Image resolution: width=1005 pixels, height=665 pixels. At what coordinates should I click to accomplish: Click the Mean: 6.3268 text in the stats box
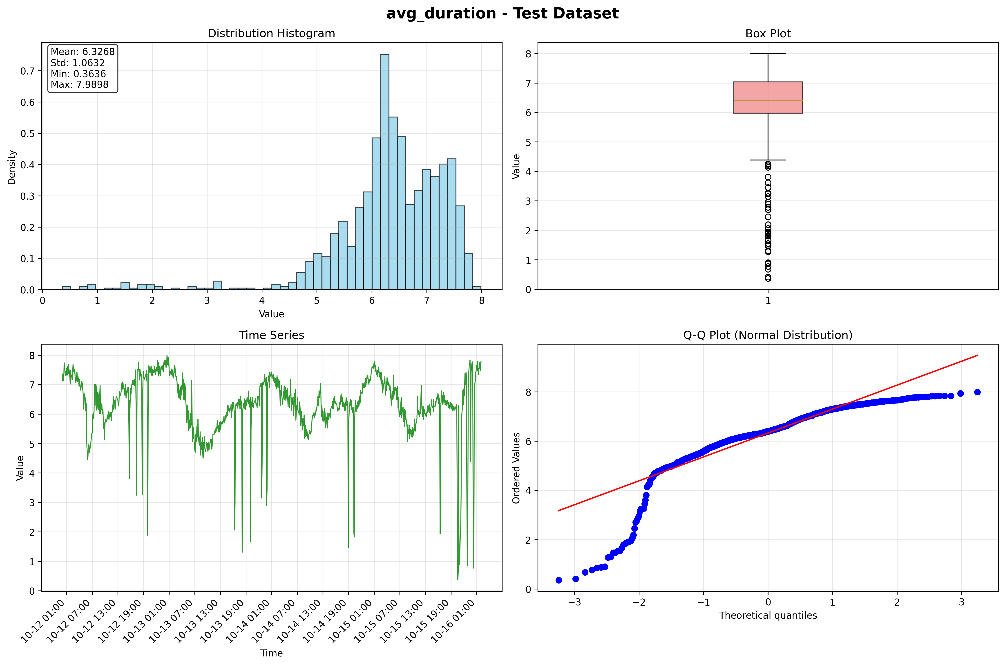click(83, 52)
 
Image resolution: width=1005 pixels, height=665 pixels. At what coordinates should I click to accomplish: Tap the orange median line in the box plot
click(768, 101)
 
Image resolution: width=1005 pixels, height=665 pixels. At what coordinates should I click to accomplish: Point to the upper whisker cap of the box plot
click(768, 54)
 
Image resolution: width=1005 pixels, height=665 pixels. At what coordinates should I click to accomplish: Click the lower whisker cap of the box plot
click(768, 160)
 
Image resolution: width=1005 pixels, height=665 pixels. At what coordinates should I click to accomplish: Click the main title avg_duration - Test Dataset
click(502, 14)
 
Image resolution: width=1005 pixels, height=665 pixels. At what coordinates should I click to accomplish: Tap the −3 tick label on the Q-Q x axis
click(574, 602)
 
